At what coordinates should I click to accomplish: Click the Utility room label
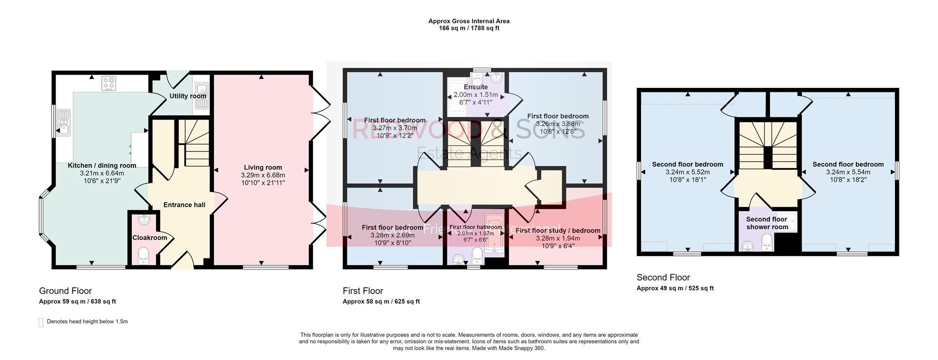click(188, 96)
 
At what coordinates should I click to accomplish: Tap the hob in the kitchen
click(108, 84)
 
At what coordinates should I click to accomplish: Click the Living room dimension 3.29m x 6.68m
click(263, 175)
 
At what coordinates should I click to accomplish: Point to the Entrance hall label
click(184, 205)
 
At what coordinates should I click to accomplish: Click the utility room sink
click(201, 89)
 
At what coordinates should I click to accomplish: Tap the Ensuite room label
click(475, 87)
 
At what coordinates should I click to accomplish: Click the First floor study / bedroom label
click(557, 231)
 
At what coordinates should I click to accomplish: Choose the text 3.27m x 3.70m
click(395, 128)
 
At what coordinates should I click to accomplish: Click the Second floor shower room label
click(767, 223)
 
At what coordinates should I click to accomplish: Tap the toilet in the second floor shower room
click(767, 241)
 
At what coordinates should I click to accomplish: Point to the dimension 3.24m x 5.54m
click(848, 172)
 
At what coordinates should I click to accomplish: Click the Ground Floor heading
click(65, 291)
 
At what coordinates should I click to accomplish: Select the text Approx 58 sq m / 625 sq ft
click(381, 302)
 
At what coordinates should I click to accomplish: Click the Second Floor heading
click(663, 277)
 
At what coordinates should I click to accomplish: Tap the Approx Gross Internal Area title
click(469, 21)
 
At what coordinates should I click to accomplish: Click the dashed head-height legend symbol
click(41, 322)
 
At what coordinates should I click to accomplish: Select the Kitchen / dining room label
click(102, 166)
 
